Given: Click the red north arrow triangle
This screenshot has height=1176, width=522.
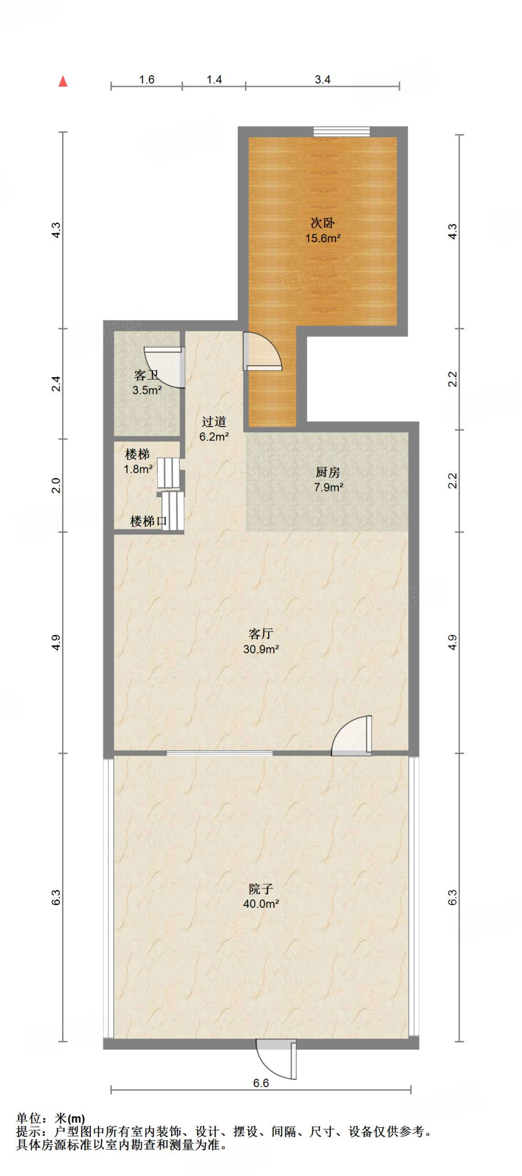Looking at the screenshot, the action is (x=63, y=82).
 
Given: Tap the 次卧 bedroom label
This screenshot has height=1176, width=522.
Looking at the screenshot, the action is (x=323, y=223).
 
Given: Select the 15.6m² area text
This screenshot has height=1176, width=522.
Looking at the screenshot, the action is (x=323, y=238).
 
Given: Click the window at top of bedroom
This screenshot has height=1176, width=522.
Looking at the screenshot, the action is (x=342, y=131).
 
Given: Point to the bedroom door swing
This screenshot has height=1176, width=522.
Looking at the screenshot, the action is (x=262, y=351).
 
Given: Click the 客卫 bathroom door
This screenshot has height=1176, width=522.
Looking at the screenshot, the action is (x=165, y=367).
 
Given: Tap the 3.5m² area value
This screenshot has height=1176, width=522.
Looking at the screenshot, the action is (x=147, y=390).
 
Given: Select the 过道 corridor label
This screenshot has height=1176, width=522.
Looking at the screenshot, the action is (x=214, y=422).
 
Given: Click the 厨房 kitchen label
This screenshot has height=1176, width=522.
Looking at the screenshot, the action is (x=328, y=473).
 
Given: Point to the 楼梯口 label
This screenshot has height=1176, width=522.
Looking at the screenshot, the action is (x=149, y=521).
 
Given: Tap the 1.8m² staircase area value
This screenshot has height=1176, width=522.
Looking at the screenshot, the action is (x=138, y=469).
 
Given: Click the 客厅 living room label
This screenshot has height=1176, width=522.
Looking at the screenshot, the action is (x=261, y=634).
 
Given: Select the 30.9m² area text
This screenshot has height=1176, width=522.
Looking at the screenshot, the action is (x=261, y=649).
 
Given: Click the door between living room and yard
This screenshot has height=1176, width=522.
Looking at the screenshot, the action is (x=351, y=735).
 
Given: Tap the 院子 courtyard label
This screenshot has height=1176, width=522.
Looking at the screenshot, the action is (x=261, y=889).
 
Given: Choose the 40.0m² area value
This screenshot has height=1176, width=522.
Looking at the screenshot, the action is (x=261, y=904).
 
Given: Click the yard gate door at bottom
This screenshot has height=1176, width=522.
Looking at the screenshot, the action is (x=276, y=1059).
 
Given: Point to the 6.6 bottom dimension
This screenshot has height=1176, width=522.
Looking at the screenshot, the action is (x=261, y=1083).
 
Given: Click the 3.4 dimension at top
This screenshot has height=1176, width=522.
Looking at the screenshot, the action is (x=323, y=80).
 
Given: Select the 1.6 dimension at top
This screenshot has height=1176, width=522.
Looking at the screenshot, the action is (x=147, y=80).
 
